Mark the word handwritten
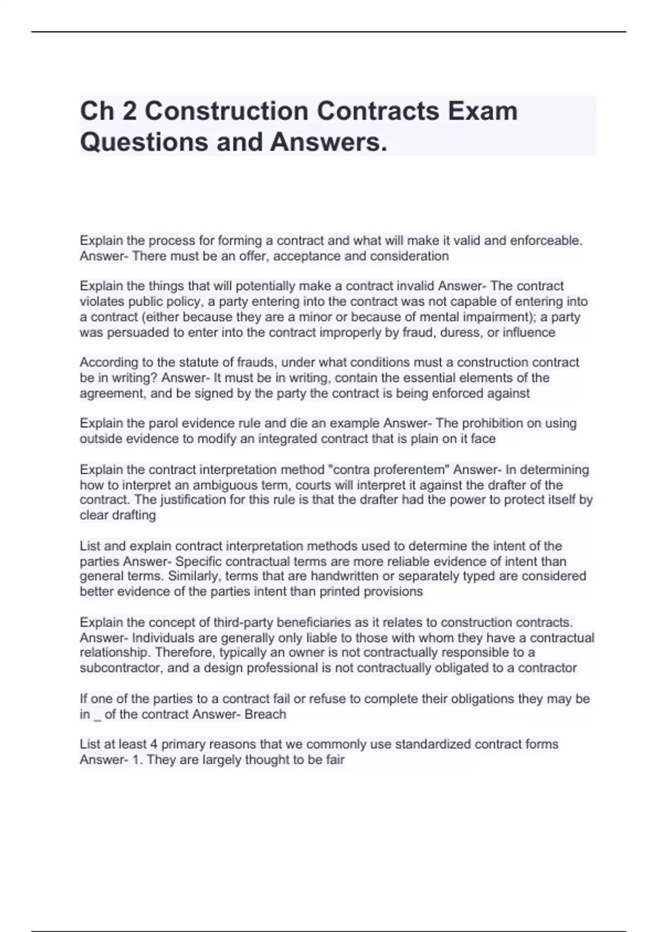point(348,576)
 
